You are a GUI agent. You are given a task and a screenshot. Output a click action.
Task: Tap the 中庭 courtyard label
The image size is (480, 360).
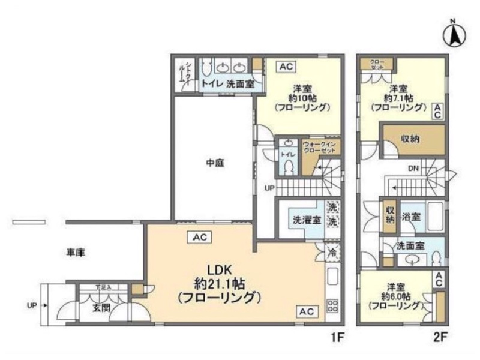pos(215,162)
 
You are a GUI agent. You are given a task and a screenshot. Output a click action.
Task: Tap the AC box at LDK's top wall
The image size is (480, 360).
pos(200,238)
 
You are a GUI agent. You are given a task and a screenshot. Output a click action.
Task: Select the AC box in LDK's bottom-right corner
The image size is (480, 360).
pos(305,311)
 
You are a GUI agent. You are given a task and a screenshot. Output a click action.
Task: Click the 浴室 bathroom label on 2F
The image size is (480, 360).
pos(411,216)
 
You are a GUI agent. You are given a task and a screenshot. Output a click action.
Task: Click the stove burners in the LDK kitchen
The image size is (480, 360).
pos(332,305)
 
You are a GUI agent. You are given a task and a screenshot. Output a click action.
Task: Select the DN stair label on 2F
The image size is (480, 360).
pos(413,169)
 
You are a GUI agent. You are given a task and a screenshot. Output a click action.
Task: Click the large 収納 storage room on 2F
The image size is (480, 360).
pos(413,139)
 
